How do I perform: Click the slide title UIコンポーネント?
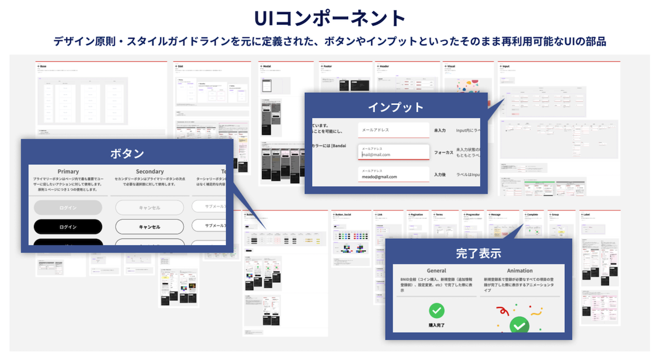[329, 18]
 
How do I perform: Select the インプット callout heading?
[395, 107]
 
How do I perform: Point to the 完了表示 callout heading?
[478, 254]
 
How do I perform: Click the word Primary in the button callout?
[68, 172]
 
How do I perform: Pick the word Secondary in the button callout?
[150, 172]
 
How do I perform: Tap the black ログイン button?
[68, 226]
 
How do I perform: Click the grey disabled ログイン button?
[68, 208]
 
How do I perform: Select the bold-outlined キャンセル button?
[150, 226]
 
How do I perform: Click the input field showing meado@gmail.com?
[393, 175]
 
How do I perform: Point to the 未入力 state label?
[440, 130]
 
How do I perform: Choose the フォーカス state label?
[443, 152]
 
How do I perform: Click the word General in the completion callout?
[436, 271]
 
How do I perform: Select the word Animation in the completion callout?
[519, 271]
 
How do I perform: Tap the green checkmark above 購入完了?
[436, 311]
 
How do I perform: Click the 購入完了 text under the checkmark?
[436, 325]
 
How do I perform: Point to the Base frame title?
[43, 66]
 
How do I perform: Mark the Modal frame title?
[268, 66]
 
